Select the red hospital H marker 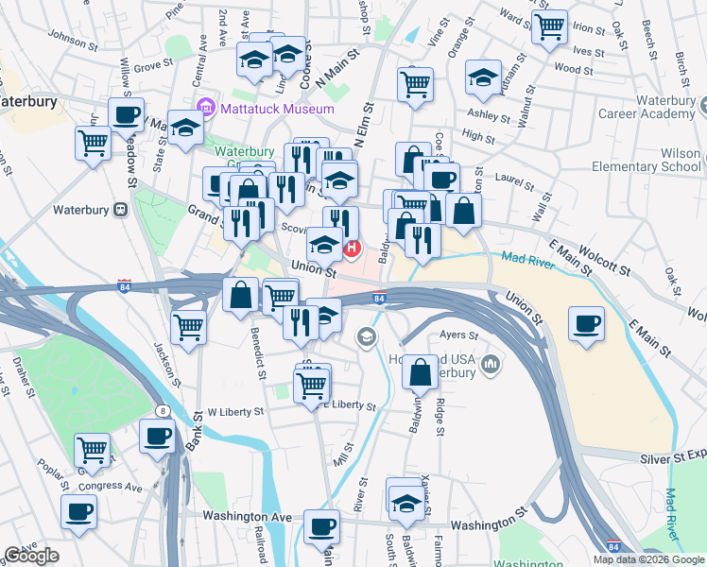click(353, 249)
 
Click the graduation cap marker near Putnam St click(483, 78)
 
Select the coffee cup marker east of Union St click(587, 324)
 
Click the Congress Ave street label click(115, 488)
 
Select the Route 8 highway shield click(164, 410)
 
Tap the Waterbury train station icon click(120, 209)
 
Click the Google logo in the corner click(31, 556)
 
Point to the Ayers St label click(459, 334)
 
